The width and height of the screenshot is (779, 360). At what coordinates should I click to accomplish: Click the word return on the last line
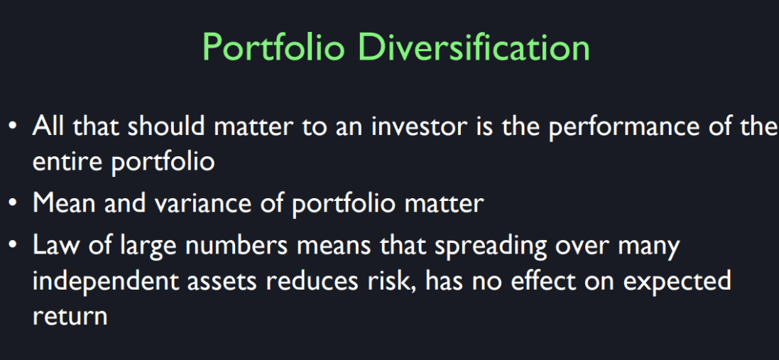[70, 316]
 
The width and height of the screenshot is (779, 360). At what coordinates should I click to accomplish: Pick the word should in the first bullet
[167, 126]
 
